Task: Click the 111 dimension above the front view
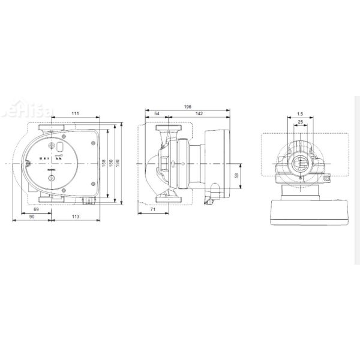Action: (x=75, y=113)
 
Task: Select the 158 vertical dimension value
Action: (x=103, y=163)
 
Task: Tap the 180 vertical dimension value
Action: (x=112, y=163)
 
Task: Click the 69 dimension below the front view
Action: (x=36, y=209)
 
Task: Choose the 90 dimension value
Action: (x=31, y=217)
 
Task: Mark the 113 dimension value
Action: (x=76, y=217)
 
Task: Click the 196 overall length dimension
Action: (x=187, y=107)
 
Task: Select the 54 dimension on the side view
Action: (x=157, y=113)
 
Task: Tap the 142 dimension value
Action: (x=199, y=113)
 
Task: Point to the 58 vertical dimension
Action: (x=238, y=175)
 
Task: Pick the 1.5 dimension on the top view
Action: (x=299, y=113)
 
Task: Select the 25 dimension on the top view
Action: (x=299, y=122)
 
